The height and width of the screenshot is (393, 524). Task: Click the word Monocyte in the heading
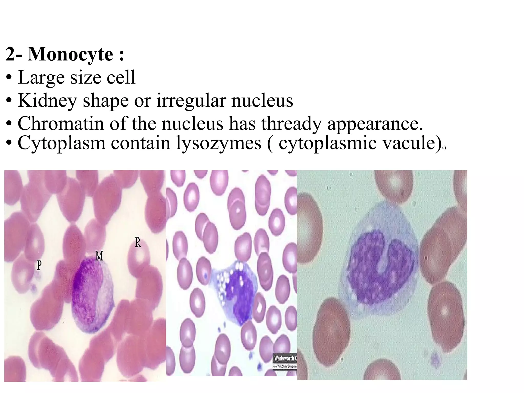coord(70,54)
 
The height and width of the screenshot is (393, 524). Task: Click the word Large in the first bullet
coord(41,77)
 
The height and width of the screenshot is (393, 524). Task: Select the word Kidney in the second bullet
coord(47,101)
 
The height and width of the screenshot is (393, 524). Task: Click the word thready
coord(291,124)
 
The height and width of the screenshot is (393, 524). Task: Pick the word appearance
coord(375,124)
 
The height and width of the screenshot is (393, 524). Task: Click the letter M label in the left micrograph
coord(99,256)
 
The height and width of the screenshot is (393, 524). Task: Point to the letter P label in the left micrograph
coord(39,265)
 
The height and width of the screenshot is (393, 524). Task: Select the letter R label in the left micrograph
coord(138,242)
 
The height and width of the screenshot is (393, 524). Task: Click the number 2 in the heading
coord(11,54)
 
